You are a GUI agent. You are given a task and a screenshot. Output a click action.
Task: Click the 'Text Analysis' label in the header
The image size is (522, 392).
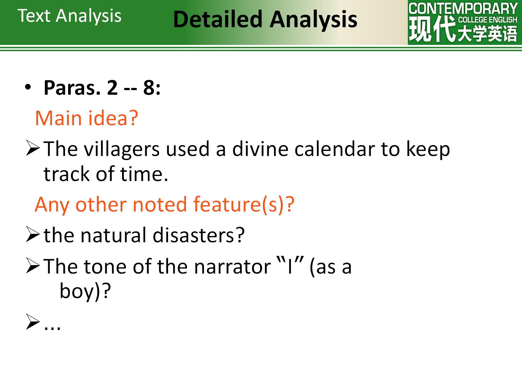pos(69,16)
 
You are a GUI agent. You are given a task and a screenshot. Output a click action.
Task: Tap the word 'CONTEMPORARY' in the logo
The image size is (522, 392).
pos(463,9)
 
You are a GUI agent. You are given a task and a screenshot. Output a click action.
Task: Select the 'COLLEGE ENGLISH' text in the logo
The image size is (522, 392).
pos(488,20)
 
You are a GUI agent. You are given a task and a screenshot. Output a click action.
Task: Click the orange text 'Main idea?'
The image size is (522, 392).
pos(87,118)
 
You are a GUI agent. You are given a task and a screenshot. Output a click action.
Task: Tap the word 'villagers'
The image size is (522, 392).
pos(122,149)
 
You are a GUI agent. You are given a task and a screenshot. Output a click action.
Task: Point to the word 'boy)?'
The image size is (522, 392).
pos(85,291)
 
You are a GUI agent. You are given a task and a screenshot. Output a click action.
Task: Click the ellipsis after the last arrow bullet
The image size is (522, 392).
pos(52,327)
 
